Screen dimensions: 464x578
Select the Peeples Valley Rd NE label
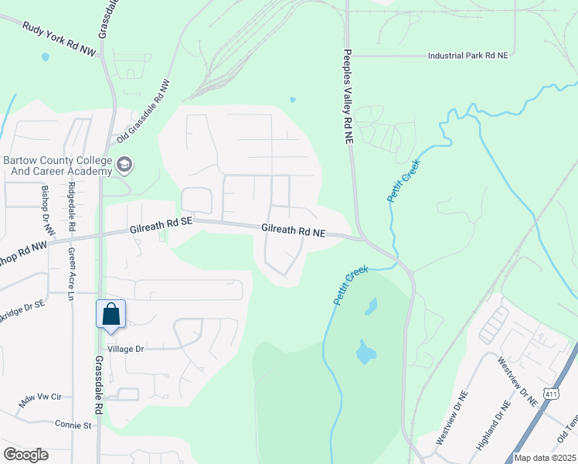tap(348, 97)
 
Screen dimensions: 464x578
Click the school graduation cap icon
tap(124, 164)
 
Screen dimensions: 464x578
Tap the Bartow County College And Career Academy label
tap(58, 165)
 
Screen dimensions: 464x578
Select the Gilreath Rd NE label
tap(294, 230)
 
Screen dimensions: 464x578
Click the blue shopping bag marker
tap(110, 316)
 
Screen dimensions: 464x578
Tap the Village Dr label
tap(126, 349)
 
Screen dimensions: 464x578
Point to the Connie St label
tap(73, 425)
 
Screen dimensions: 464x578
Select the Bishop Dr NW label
tap(45, 210)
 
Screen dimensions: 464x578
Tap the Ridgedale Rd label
tap(71, 208)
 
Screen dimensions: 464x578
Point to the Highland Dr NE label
tap(494, 425)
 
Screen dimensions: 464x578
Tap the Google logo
tap(25, 454)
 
